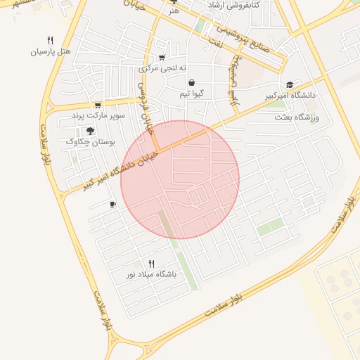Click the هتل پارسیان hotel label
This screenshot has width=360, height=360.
coord(51,52)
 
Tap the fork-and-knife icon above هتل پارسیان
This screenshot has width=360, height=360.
coord(50,40)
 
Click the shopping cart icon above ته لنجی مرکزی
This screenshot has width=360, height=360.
coord(162,58)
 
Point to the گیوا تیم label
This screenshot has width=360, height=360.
coord(191,94)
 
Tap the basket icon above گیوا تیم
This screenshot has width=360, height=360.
coord(191,82)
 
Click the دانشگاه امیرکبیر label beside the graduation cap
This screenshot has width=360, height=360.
coord(290,94)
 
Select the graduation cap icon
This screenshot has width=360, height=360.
coord(290,84)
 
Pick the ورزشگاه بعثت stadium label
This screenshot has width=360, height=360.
coord(297,117)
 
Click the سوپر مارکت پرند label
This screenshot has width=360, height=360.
coord(98,115)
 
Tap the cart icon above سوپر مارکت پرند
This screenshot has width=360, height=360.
coord(98,105)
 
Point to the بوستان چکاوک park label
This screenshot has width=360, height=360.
coord(90,141)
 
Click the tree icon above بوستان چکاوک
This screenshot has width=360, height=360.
coord(90,130)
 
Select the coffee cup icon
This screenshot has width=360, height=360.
coord(112,204)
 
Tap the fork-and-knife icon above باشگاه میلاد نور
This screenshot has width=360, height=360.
coord(150,264)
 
